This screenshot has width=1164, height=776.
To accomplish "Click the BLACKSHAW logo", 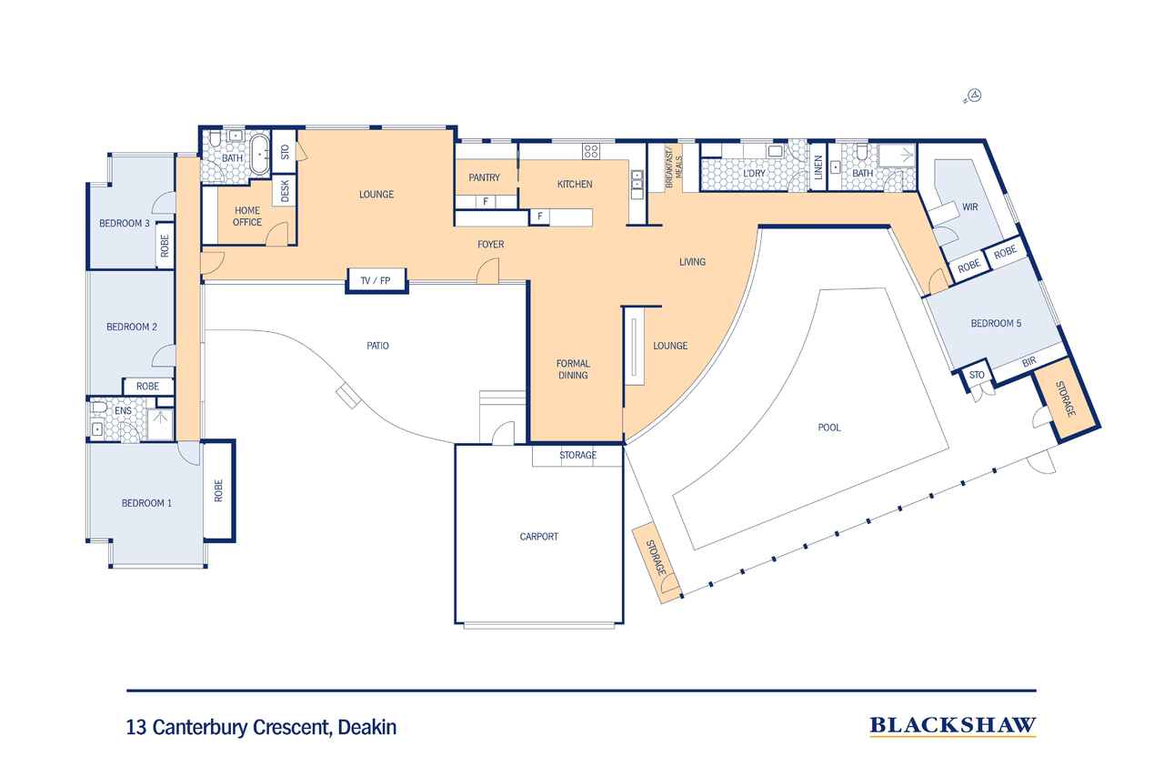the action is pyautogui.click(x=952, y=726).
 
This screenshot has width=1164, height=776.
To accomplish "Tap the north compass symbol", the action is pyautogui.click(x=974, y=96).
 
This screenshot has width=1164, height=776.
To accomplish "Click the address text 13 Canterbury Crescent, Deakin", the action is pyautogui.click(x=261, y=728).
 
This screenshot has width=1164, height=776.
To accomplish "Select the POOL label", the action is pyautogui.click(x=828, y=428).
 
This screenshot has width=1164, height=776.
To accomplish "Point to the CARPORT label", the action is pyautogui.click(x=539, y=537).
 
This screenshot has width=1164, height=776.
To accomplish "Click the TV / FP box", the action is pyautogui.click(x=376, y=281).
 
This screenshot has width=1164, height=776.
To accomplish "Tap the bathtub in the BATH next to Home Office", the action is pyautogui.click(x=260, y=154).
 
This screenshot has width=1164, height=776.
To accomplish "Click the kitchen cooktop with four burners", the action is pyautogui.click(x=591, y=151).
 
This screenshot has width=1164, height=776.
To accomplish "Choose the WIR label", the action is pyautogui.click(x=969, y=207).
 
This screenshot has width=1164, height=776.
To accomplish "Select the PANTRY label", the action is pyautogui.click(x=484, y=177).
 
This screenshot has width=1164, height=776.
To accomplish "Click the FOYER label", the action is pyautogui.click(x=490, y=245).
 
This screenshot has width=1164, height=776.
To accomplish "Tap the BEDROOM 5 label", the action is pyautogui.click(x=996, y=323).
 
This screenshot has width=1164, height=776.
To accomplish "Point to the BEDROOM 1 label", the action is pyautogui.click(x=146, y=503).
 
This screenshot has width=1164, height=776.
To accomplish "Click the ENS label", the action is pyautogui.click(x=123, y=410).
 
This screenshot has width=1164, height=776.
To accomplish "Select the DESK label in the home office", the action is pyautogui.click(x=285, y=191).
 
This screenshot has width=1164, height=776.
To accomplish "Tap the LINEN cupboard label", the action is pyautogui.click(x=818, y=166).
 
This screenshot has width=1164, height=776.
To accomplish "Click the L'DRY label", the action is pyautogui.click(x=754, y=173).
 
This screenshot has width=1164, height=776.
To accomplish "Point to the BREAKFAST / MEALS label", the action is pyautogui.click(x=674, y=166).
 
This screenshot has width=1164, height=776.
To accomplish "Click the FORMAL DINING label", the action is pyautogui.click(x=573, y=369).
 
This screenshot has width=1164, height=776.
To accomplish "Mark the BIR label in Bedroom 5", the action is pyautogui.click(x=1029, y=362).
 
